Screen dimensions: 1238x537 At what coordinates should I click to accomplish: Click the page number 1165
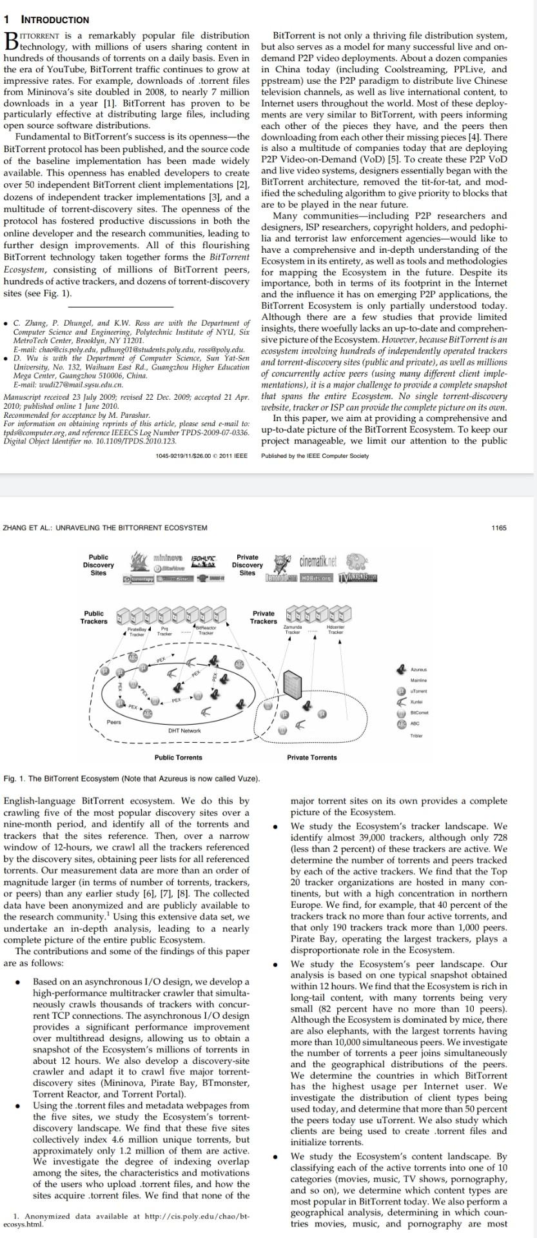click(x=498, y=527)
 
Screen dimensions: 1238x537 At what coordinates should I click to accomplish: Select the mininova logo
click(x=167, y=556)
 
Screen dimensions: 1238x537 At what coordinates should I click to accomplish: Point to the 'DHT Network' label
click(x=184, y=731)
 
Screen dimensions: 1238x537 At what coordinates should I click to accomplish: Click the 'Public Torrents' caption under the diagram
click(x=178, y=758)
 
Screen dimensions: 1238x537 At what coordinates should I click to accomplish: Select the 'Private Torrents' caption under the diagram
click(x=312, y=758)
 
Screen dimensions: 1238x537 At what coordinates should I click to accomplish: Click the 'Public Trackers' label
click(x=94, y=617)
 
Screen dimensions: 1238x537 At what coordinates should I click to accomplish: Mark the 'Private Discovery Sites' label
click(x=248, y=564)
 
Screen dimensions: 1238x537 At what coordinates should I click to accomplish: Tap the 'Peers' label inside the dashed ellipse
click(x=114, y=722)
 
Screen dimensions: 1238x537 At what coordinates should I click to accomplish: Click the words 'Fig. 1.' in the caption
click(x=15, y=779)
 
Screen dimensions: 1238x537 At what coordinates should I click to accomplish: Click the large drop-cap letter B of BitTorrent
click(x=11, y=41)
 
